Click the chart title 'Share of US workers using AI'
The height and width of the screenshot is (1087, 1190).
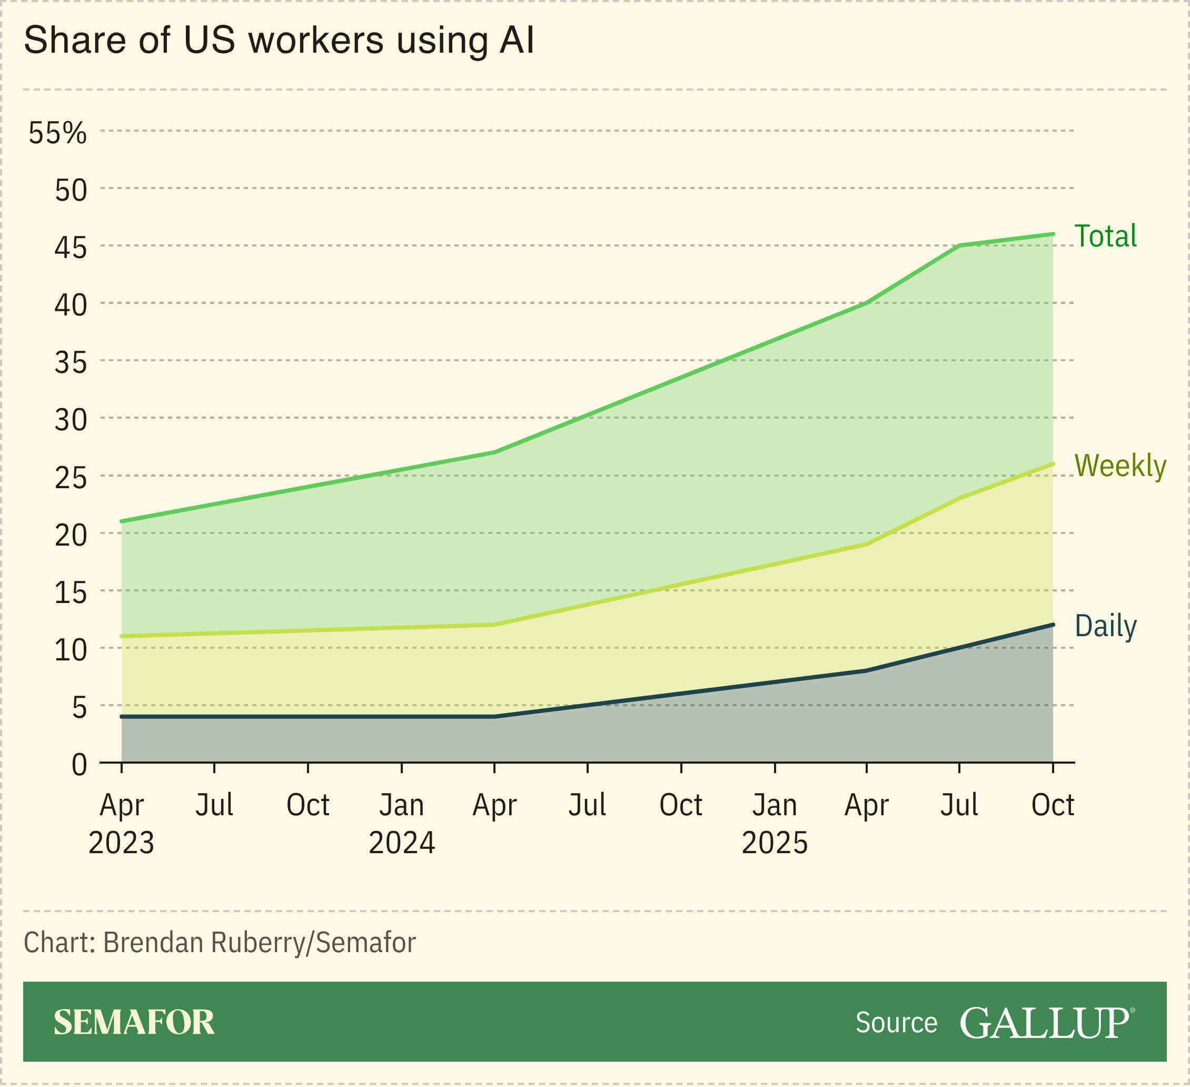(x=279, y=40)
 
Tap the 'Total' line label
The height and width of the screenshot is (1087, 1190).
(x=1105, y=236)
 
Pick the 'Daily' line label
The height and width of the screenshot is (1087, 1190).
(x=1105, y=626)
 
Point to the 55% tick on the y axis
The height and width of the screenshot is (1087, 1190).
(x=58, y=133)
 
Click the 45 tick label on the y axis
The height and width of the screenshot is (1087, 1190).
(x=70, y=248)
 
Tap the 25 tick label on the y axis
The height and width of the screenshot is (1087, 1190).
(x=70, y=478)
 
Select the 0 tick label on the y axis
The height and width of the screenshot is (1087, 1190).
(x=79, y=765)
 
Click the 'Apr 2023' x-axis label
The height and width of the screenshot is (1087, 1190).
(x=121, y=823)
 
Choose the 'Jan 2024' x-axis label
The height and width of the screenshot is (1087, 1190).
(x=401, y=823)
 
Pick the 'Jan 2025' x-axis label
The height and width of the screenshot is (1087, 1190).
(x=774, y=823)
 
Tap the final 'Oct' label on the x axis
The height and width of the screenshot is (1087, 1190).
(x=1053, y=805)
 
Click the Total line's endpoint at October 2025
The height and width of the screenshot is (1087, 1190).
(x=1053, y=234)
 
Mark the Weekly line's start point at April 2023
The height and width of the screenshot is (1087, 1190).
(x=122, y=636)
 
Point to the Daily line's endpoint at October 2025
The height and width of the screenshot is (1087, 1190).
(x=1053, y=625)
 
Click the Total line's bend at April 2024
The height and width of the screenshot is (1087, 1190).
(x=494, y=452)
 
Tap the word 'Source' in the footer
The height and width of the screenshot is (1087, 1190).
(x=896, y=1023)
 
